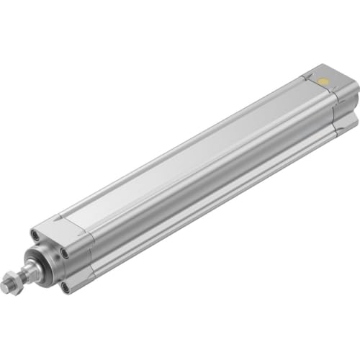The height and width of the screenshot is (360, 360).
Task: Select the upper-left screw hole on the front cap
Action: click(x=35, y=234)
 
